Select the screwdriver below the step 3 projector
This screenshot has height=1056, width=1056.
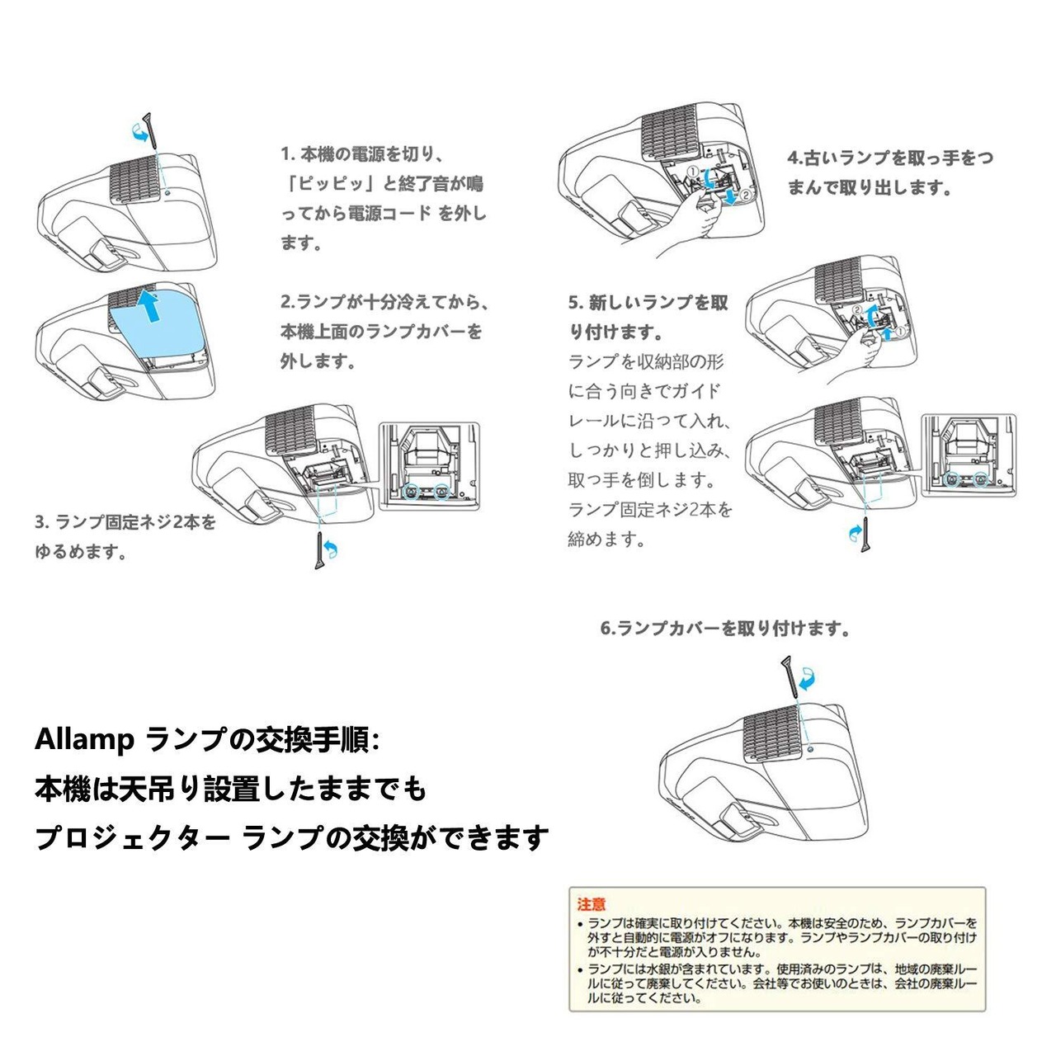pyautogui.click(x=319, y=550)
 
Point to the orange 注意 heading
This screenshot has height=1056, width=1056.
pyautogui.click(x=592, y=904)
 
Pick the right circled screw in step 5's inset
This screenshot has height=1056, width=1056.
pyautogui.click(x=980, y=478)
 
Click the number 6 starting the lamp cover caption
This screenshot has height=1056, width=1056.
pyautogui.click(x=606, y=629)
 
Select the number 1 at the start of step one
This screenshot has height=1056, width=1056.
pyautogui.click(x=285, y=154)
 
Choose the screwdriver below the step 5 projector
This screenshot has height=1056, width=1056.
pyautogui.click(x=865, y=536)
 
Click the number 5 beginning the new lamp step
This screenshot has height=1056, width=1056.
pyautogui.click(x=573, y=303)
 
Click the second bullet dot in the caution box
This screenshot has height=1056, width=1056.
pyautogui.click(x=581, y=969)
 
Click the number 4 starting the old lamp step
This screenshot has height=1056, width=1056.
pyautogui.click(x=793, y=158)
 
